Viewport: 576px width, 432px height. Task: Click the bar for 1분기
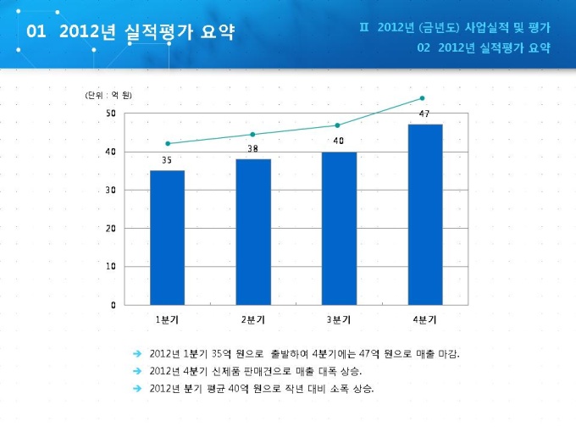[x=167, y=237]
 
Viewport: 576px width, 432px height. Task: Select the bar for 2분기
[x=252, y=231]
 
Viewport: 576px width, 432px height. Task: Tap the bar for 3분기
[x=338, y=228]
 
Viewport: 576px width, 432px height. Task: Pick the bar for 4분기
[x=424, y=214]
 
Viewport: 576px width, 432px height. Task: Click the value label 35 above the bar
[x=167, y=160]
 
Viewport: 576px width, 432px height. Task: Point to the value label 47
[x=424, y=114]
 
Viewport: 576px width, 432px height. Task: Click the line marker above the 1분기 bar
[x=168, y=143]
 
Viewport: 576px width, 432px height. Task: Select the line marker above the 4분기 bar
[x=423, y=98]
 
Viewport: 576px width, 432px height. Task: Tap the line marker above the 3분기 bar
[x=337, y=125]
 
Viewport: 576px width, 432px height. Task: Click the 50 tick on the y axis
[x=111, y=113]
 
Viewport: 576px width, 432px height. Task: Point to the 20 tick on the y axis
[x=111, y=228]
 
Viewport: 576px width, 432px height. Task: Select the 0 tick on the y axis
[x=114, y=304]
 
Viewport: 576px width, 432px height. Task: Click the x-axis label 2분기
[x=252, y=319]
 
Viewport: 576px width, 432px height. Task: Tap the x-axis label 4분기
[x=424, y=319]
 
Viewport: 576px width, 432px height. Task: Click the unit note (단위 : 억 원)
[x=108, y=95]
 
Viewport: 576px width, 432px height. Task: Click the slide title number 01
[x=35, y=32]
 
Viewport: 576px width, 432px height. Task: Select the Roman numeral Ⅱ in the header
[x=364, y=27]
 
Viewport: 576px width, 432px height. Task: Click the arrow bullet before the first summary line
[x=137, y=353]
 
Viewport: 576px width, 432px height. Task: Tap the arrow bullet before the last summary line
[x=137, y=389]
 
